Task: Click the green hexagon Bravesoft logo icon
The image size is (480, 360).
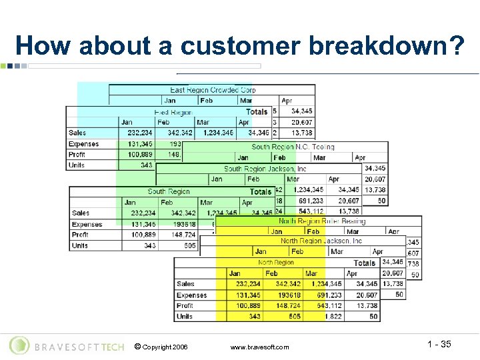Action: click(x=20, y=345)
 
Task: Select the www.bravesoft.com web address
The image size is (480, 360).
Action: click(x=259, y=347)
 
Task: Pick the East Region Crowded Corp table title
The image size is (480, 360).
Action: click(x=213, y=90)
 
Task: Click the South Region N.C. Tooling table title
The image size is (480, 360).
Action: click(x=293, y=147)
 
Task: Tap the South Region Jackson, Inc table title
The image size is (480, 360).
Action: click(x=265, y=169)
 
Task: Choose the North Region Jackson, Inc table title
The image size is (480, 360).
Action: click(x=321, y=241)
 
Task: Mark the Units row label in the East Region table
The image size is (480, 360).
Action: click(x=77, y=165)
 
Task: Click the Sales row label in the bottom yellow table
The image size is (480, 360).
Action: click(x=186, y=284)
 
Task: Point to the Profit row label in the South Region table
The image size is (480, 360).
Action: click(x=80, y=235)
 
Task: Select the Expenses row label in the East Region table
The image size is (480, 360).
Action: click(x=83, y=144)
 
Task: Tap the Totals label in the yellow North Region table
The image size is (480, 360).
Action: click(x=364, y=263)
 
